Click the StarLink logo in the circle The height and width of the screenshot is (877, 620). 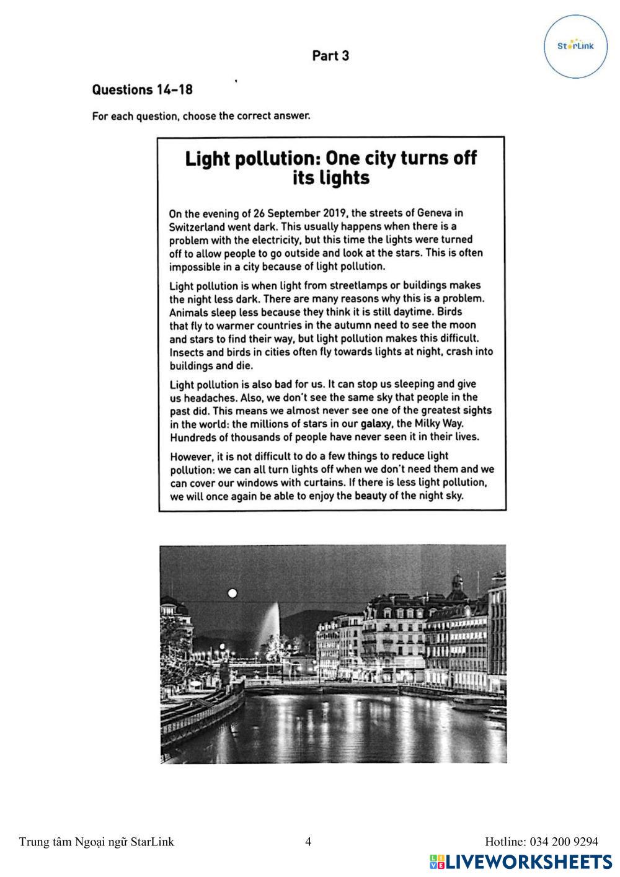tap(575, 47)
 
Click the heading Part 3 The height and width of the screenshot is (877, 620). tap(330, 56)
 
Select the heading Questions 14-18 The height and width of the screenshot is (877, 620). tap(142, 90)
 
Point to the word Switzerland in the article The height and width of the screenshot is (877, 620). tap(198, 227)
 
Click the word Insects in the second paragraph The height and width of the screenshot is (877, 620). tap(187, 352)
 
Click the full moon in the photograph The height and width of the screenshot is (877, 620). tap(232, 593)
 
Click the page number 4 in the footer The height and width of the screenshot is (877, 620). tap(308, 842)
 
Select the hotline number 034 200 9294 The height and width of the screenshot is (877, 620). tap(564, 842)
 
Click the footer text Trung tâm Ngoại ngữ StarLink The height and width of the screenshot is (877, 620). tap(96, 842)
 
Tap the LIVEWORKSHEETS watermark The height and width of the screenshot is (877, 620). tap(521, 861)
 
